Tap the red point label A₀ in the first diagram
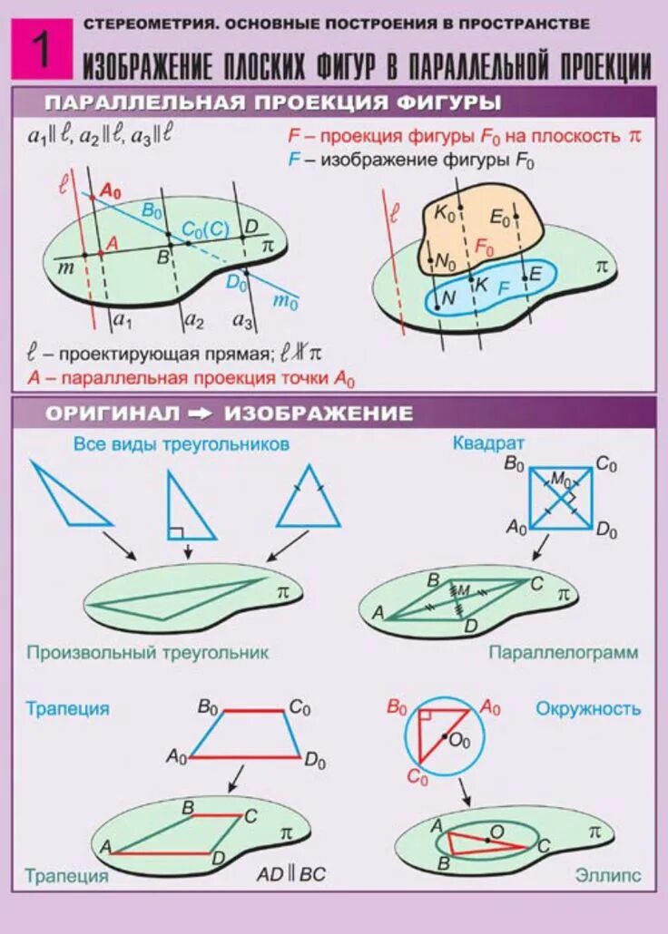pos(110,190)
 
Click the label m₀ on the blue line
pos(285,302)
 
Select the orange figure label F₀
pos(485,247)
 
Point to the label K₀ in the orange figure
pos(445,214)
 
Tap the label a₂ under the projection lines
pos(193,320)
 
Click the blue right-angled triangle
pos(187,507)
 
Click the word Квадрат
pos(488,443)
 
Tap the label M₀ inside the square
pos(560,478)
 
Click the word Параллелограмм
pos(563,652)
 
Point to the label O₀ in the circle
pos(460,740)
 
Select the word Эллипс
pos(607,876)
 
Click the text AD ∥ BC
pos(290,875)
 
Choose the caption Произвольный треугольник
pos(147,652)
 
